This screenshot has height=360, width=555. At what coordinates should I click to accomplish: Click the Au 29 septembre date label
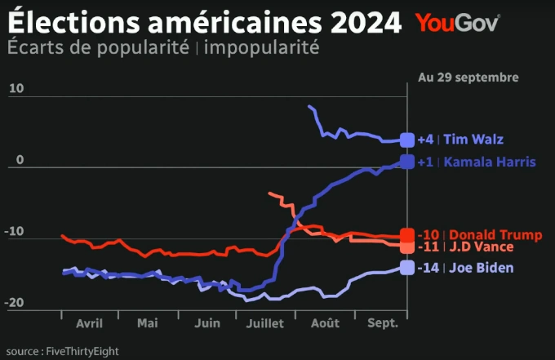[468, 78]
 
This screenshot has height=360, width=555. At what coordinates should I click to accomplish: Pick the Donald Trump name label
[495, 235]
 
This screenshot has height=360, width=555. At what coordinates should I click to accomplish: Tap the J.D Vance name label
[481, 247]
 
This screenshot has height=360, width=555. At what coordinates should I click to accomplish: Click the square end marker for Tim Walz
[407, 140]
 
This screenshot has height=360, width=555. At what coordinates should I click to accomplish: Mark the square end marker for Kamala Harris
[407, 162]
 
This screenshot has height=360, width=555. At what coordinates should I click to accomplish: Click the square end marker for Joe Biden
[407, 268]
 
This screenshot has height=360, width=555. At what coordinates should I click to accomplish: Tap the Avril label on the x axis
[89, 324]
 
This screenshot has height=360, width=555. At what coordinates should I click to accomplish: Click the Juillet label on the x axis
[264, 324]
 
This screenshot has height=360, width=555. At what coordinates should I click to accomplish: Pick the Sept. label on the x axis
[383, 324]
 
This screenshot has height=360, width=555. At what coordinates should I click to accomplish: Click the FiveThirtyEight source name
[82, 351]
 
